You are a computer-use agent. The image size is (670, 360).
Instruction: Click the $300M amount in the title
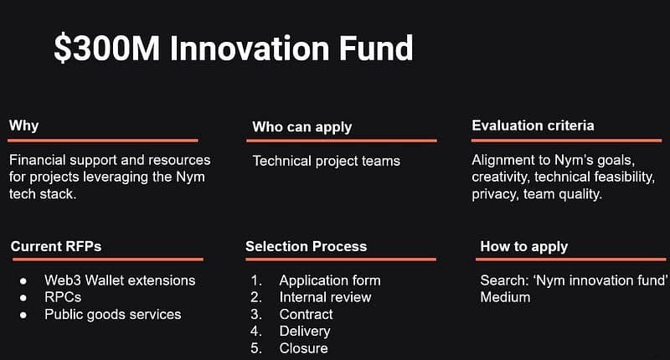106,49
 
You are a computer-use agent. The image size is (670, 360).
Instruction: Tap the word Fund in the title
376,48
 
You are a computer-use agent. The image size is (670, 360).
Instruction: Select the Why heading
24,126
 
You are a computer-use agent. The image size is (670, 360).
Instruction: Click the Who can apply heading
302,127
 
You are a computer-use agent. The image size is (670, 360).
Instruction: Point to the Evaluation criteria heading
533,126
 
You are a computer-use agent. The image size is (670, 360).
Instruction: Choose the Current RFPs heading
56,246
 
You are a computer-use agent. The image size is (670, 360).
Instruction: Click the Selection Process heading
306,246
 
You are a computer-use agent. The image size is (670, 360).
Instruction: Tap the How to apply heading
524,247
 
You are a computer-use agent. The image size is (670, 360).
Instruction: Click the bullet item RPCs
63,297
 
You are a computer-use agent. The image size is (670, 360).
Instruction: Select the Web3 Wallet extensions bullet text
120,280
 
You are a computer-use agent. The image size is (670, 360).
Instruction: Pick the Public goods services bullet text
113,315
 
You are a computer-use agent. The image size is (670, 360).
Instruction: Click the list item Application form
330,280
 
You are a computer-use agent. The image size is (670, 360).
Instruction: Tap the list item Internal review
325,297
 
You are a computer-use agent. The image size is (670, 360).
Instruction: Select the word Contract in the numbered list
306,314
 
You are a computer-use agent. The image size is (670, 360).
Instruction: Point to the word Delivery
305,332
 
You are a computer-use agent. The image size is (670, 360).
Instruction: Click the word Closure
303,348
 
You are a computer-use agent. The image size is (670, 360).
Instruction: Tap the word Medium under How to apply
505,297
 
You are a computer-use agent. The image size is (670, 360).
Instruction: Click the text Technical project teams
327,161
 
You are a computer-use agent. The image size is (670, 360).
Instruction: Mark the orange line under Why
103,140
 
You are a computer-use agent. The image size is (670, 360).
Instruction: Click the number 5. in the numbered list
256,348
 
